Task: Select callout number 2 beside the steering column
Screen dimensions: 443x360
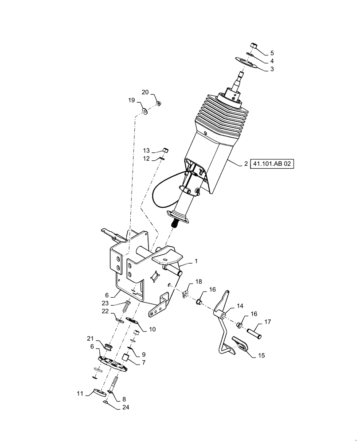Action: click(x=245, y=163)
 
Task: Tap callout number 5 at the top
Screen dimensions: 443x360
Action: click(x=272, y=53)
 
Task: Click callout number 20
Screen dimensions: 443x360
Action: click(x=145, y=92)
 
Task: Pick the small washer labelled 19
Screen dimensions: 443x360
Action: click(x=145, y=110)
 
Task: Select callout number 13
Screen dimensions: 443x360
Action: click(x=146, y=150)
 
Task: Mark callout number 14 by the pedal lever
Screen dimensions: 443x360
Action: click(x=239, y=306)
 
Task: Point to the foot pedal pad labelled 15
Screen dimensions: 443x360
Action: click(x=242, y=346)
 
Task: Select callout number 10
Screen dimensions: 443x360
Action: click(x=152, y=329)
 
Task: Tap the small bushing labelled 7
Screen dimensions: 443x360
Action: click(x=126, y=358)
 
